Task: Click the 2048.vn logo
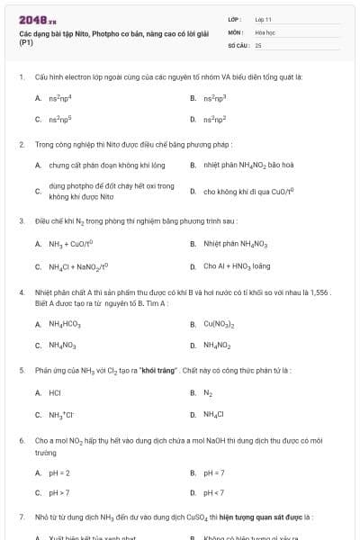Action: [37, 20]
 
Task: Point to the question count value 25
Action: [258, 43]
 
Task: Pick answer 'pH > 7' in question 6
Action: [59, 492]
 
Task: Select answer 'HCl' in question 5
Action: [54, 392]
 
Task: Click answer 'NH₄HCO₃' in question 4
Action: [65, 324]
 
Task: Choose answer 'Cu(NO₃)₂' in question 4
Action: [220, 324]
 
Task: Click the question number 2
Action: [21, 143]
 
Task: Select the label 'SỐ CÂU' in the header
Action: [238, 43]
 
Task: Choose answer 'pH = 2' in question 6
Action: [59, 472]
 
